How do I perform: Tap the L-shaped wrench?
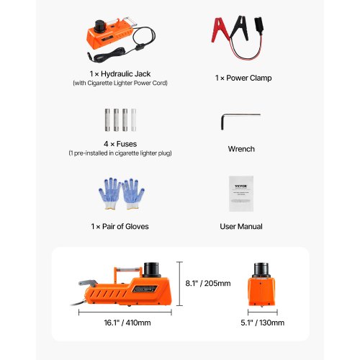238,118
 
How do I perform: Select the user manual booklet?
238,193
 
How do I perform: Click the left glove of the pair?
109,192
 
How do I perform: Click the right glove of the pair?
132,192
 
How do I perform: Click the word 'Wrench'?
240,149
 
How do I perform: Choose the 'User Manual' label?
240,226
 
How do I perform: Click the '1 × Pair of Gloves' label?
120,226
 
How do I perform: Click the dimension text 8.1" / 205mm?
209,283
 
